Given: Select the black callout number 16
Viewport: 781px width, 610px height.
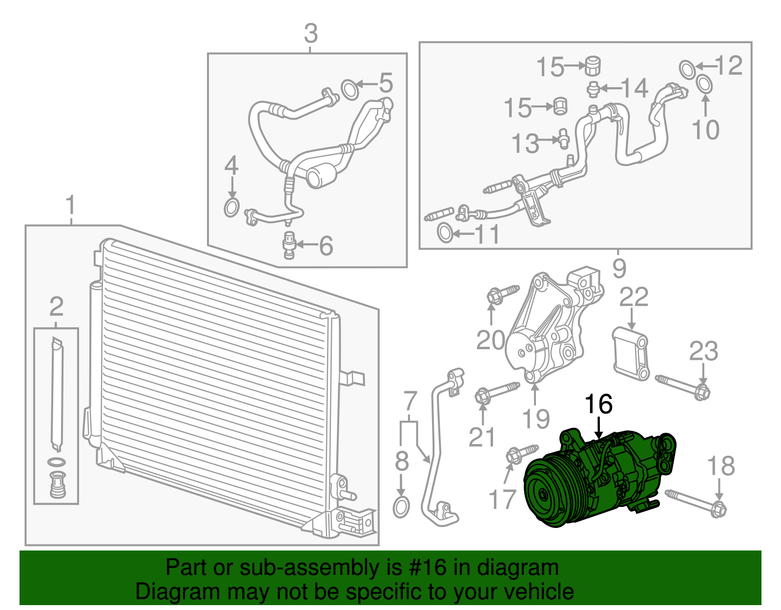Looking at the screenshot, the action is [x=598, y=404].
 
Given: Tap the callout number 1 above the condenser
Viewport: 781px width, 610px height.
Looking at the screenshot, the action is [x=71, y=206].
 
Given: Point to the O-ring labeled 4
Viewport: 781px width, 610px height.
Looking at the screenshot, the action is [x=231, y=208].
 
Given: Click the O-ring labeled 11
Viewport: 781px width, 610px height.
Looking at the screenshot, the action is [x=444, y=233].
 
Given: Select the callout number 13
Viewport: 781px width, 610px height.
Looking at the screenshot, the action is [x=525, y=144].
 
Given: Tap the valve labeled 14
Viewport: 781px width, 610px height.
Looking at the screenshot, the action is [x=593, y=89].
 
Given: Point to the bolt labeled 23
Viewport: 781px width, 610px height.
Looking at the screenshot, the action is [x=683, y=386].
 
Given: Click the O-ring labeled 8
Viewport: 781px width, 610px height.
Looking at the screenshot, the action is [x=401, y=507].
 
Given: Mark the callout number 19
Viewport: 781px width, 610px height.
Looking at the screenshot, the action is [x=536, y=419].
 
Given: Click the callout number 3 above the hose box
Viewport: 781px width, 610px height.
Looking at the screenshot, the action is [x=310, y=34].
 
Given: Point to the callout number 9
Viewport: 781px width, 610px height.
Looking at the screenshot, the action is [x=619, y=268].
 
